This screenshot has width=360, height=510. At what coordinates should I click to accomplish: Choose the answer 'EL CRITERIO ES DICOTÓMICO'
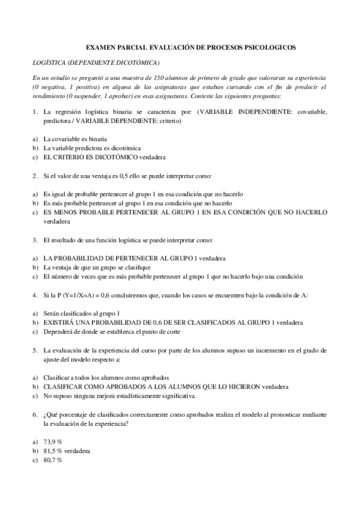pyautogui.click(x=90, y=157)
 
